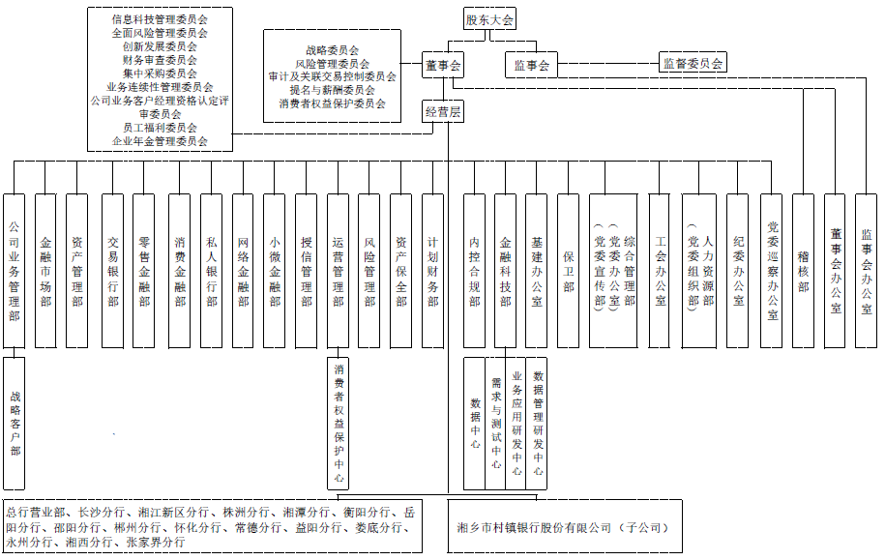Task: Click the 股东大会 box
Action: tap(489, 19)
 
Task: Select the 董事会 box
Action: tap(443, 65)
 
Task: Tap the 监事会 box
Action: tap(531, 65)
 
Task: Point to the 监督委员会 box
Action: tap(693, 63)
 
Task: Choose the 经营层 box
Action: tap(443, 112)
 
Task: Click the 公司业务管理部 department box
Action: tap(15, 271)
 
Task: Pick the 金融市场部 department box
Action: tap(45, 271)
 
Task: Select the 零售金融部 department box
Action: tap(144, 271)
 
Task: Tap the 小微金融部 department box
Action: tap(275, 271)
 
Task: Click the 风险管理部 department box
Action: tap(369, 271)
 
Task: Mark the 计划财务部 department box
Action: tap(433, 271)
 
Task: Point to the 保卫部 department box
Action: tap(568, 271)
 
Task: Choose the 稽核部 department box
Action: tap(803, 271)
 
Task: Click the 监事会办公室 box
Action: tap(867, 271)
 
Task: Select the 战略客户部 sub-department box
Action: tap(15, 424)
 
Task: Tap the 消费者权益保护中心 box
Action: tap(339, 424)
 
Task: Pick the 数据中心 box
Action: tap(475, 424)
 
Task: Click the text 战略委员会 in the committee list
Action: tap(333, 50)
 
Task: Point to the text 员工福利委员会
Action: tap(161, 128)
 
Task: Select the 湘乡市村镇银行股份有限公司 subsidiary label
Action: tap(565, 527)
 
